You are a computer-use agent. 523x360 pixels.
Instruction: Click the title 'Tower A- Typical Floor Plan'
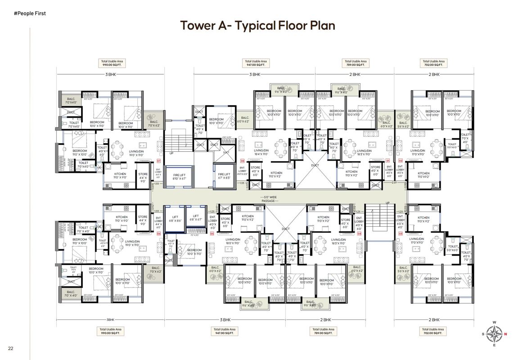(257, 25)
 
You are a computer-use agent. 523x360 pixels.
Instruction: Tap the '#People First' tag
(30, 13)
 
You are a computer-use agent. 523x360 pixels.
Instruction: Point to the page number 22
(10, 348)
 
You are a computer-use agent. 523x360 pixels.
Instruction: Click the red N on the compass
(505, 334)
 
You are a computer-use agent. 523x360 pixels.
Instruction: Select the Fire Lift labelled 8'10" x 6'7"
(179, 176)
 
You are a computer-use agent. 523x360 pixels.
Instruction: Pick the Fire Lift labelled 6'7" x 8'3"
(224, 176)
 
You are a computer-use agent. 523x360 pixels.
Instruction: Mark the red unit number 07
(158, 161)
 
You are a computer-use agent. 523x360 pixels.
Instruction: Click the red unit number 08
(242, 161)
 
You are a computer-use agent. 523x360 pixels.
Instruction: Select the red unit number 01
(388, 161)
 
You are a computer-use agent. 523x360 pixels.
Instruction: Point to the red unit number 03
(401, 234)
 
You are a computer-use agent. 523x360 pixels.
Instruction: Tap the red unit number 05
(212, 234)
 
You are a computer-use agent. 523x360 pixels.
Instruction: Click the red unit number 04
(360, 234)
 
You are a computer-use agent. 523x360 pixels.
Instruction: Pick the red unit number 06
(158, 234)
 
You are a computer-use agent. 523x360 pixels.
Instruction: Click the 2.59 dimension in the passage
(394, 183)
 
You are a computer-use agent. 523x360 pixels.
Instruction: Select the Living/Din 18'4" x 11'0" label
(261, 152)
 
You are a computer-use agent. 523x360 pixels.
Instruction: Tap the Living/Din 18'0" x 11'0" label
(235, 242)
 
